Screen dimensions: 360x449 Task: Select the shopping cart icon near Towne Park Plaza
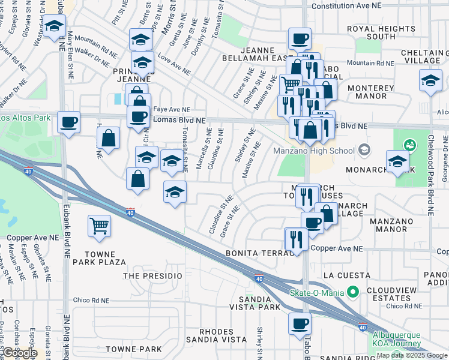click(99, 226)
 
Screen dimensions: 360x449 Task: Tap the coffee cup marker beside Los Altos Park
click(68, 122)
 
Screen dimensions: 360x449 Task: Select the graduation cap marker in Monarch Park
click(397, 161)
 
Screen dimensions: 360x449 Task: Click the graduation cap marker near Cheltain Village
click(431, 81)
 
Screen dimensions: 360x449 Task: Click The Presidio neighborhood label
click(152, 275)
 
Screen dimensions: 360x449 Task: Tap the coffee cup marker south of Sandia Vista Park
click(300, 323)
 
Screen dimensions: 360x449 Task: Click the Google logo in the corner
click(19, 353)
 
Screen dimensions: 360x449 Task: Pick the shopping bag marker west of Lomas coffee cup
click(108, 137)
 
